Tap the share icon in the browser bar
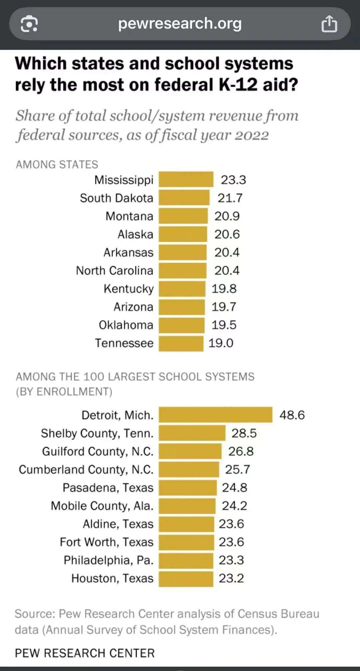[329, 24]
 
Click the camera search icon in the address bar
[29, 24]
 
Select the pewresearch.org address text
[180, 24]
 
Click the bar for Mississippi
[186, 179]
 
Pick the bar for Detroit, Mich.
[215, 415]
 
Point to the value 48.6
[292, 415]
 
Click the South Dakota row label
[116, 198]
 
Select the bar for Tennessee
[181, 343]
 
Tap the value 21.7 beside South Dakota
[230, 198]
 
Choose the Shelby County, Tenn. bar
[192, 433]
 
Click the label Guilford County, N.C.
[98, 451]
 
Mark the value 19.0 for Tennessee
[221, 343]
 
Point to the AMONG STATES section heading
[57, 164]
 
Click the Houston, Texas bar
[186, 578]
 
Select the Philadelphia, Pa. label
[108, 560]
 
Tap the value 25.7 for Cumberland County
[237, 469]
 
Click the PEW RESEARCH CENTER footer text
[85, 653]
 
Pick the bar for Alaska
[183, 234]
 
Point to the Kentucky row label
[129, 289]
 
